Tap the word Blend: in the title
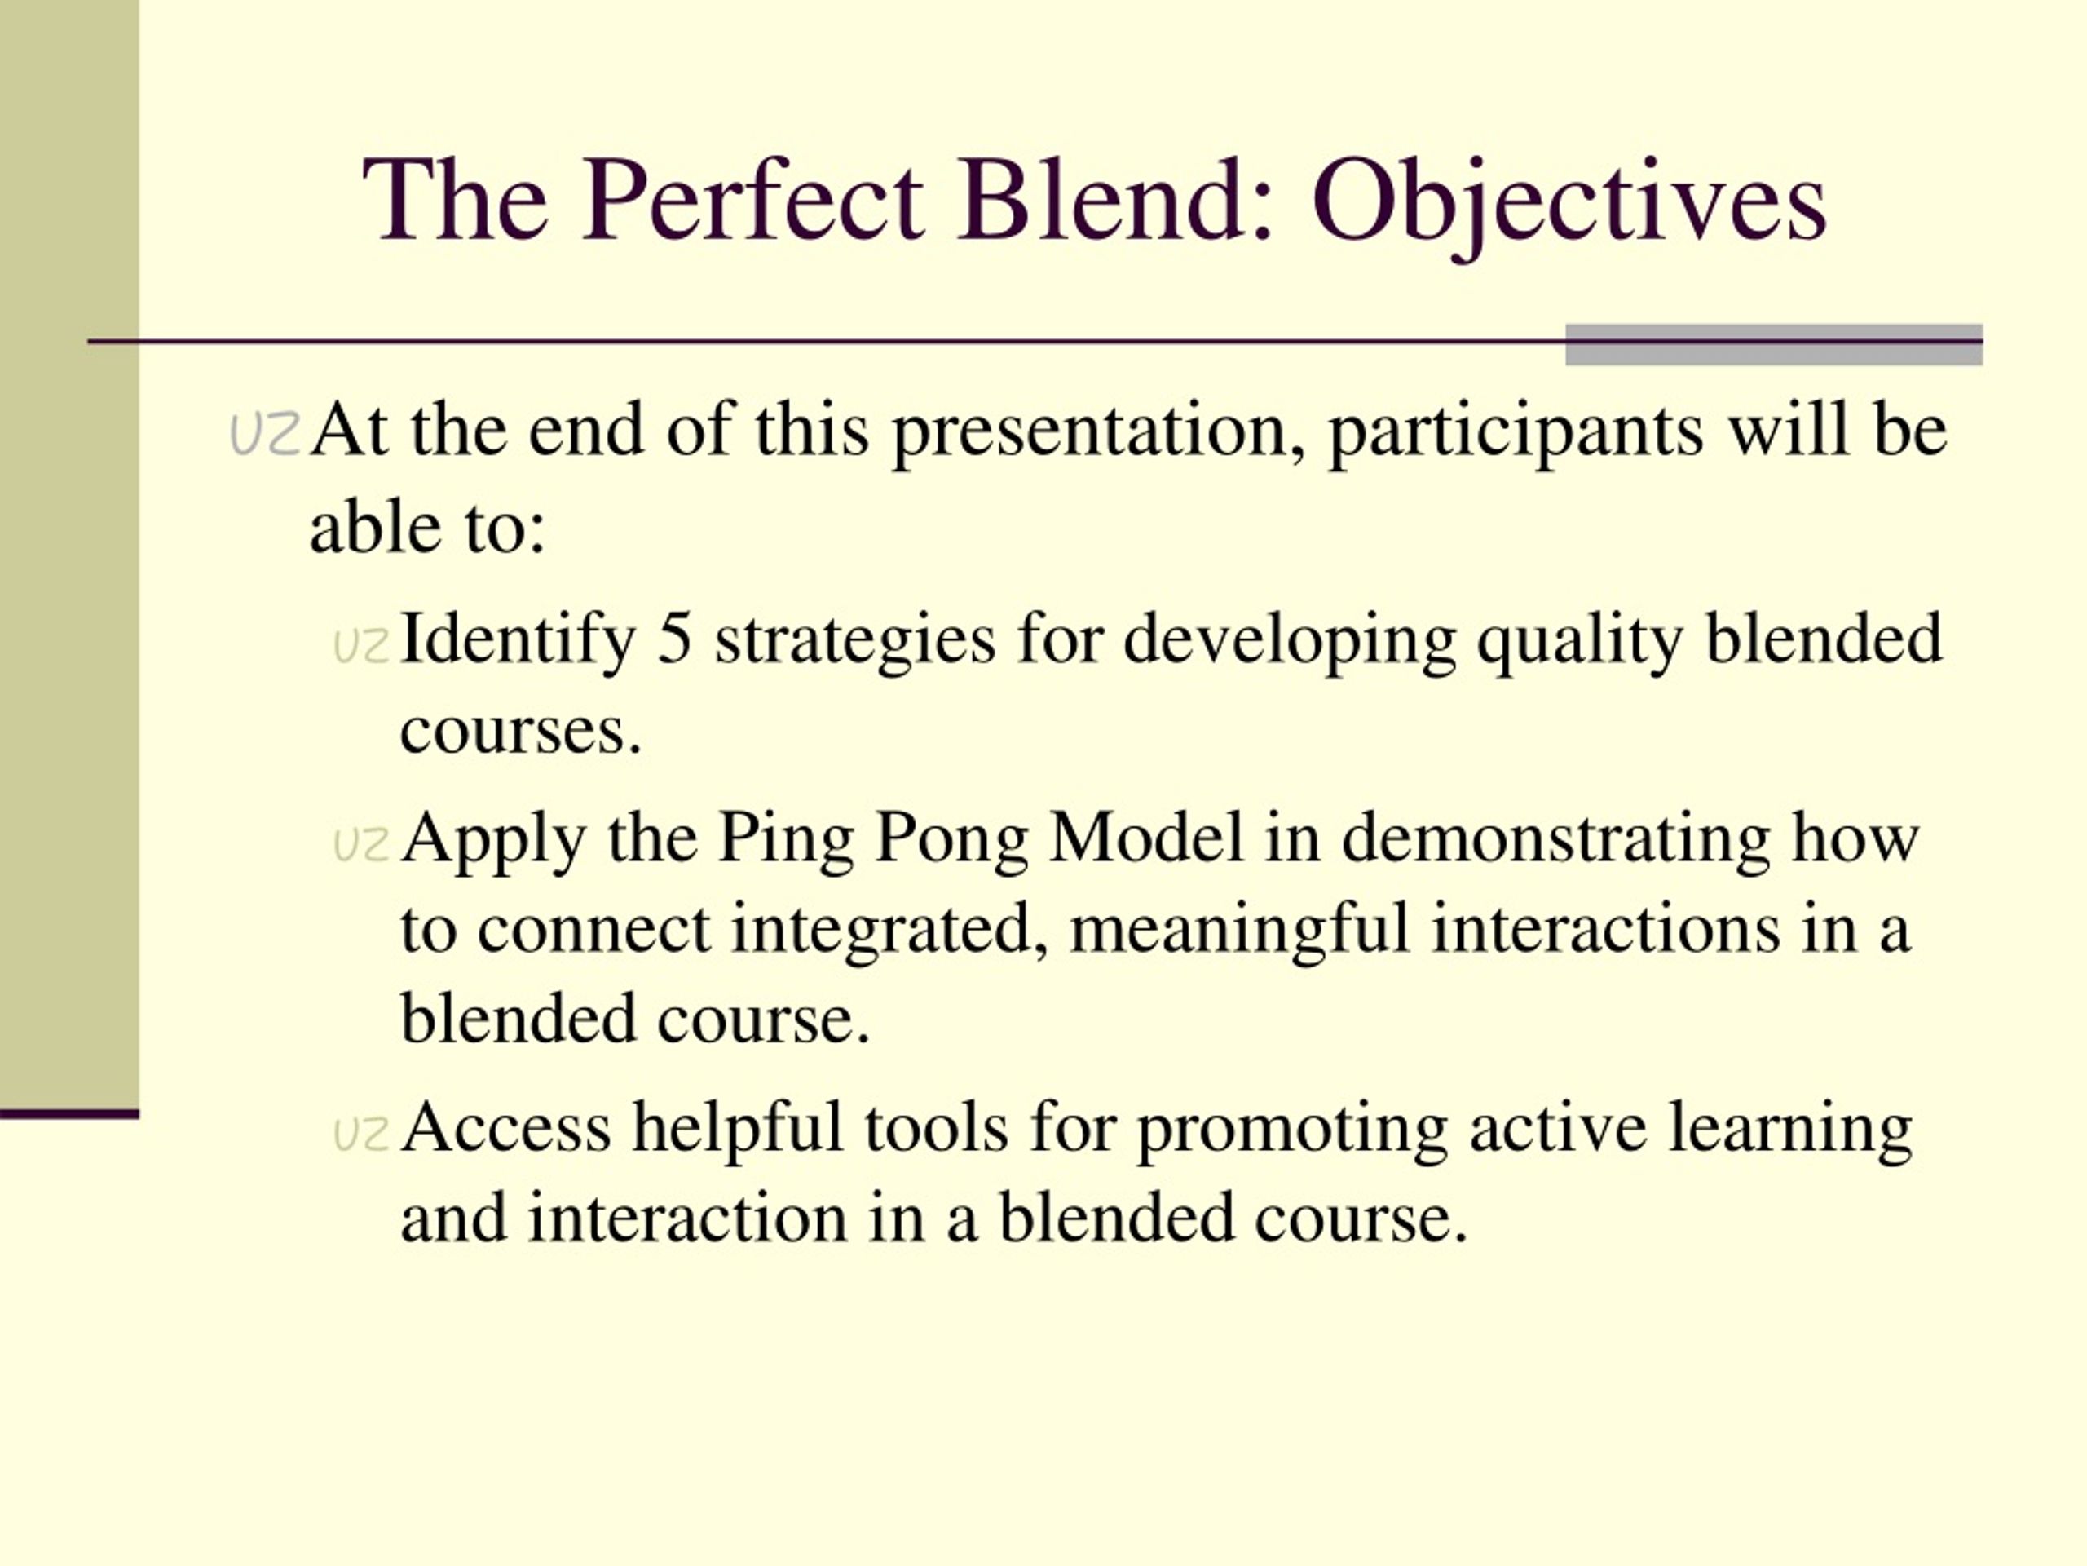[1117, 199]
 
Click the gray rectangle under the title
[1774, 344]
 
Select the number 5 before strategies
[674, 639]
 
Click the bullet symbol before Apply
[361, 845]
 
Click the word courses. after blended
[521, 732]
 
